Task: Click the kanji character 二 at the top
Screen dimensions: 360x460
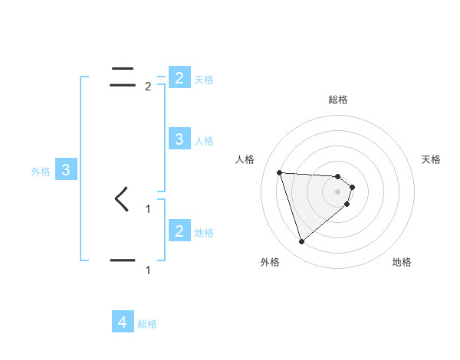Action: pos(123,77)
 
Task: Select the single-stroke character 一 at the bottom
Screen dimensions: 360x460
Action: pos(123,260)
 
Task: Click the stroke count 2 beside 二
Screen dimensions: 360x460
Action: pos(148,87)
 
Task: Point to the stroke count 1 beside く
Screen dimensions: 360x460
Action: pos(148,208)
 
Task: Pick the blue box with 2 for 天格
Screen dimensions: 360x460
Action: pos(179,78)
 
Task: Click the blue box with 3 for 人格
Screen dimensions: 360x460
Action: pos(179,139)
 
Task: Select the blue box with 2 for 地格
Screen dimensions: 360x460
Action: pos(179,231)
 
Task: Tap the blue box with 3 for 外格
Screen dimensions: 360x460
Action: pos(66,171)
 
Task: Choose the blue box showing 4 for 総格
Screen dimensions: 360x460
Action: pos(123,322)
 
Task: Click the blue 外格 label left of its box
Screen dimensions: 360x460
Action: pos(41,172)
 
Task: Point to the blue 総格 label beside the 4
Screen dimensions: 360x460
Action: pos(147,324)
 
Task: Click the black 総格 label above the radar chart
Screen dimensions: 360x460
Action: pos(338,100)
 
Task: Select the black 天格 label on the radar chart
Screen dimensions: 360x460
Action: pos(431,159)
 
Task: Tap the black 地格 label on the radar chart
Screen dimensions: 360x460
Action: pos(402,262)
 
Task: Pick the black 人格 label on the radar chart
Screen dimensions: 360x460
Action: pos(245,159)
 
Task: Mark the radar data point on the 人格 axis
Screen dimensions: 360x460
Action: pos(279,172)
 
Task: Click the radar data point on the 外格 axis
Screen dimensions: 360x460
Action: pos(301,242)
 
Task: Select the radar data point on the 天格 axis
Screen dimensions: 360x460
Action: pos(352,187)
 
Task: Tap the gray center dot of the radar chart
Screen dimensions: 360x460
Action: pos(338,201)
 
